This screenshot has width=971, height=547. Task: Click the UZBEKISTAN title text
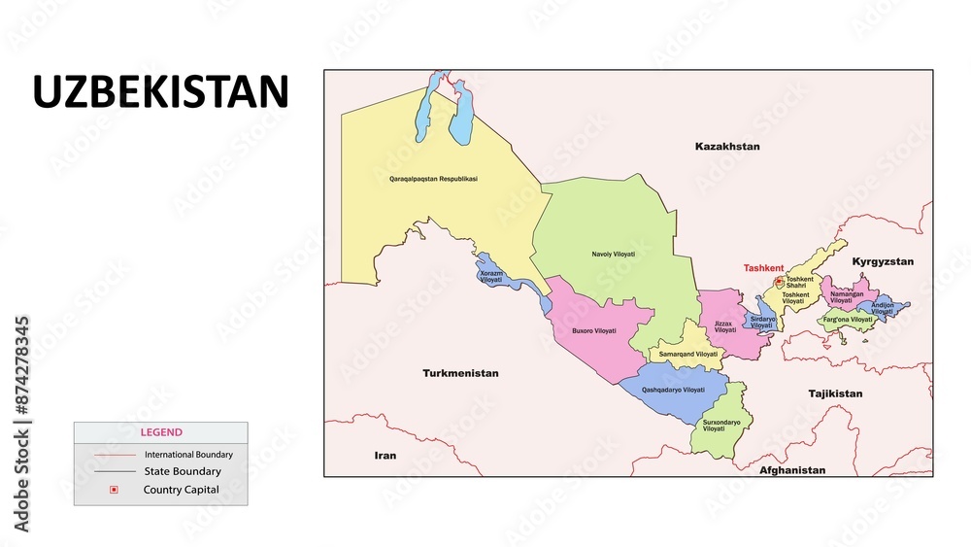161,92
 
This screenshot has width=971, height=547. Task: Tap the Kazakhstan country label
727,147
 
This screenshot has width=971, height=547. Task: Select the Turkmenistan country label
460,373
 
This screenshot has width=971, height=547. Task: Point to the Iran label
385,455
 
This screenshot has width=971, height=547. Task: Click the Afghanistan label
792,470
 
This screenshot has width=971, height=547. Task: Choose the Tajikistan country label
835,393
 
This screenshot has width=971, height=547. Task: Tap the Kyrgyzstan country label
883,262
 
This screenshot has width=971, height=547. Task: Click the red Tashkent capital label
763,268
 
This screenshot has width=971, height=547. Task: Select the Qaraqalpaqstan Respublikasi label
433,179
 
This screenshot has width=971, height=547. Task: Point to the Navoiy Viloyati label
613,255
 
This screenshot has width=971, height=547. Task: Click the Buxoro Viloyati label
593,331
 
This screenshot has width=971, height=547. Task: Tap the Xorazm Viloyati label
491,277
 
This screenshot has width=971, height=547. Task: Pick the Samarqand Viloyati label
688,355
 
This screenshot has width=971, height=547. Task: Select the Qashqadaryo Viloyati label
673,390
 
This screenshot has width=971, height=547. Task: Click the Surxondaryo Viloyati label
721,426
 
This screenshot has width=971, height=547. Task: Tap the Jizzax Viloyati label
724,327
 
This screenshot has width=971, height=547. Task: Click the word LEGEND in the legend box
161,432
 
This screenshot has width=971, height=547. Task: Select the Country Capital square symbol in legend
114,490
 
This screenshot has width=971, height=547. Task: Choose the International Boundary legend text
188,454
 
